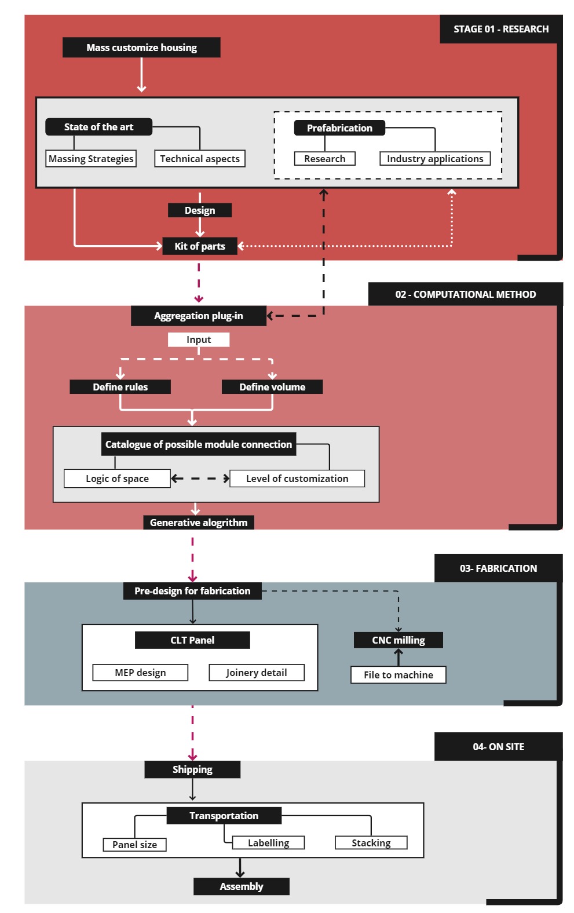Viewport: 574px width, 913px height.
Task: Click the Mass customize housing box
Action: pyautogui.click(x=141, y=48)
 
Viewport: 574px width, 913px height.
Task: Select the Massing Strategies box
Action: pyautogui.click(x=91, y=159)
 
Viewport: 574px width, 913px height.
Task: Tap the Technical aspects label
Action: pyautogui.click(x=200, y=159)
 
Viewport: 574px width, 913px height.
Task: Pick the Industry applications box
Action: pyautogui.click(x=435, y=159)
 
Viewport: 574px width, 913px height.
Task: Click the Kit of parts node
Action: pyautogui.click(x=200, y=246)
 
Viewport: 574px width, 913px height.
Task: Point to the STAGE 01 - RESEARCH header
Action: pyautogui.click(x=501, y=29)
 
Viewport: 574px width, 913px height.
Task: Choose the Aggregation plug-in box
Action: pyautogui.click(x=199, y=316)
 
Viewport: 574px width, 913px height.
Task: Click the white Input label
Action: pyautogui.click(x=199, y=339)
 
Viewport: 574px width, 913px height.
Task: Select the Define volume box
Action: pyautogui.click(x=272, y=387)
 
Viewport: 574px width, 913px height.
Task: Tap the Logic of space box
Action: pyautogui.click(x=117, y=479)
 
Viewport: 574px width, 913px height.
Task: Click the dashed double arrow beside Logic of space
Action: pyautogui.click(x=200, y=479)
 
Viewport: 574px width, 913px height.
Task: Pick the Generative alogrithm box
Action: pyautogui.click(x=199, y=523)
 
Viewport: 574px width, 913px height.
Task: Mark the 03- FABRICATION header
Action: pyautogui.click(x=498, y=568)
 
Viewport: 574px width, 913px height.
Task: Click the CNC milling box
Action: pyautogui.click(x=398, y=640)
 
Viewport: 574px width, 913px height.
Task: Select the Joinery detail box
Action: pyautogui.click(x=257, y=673)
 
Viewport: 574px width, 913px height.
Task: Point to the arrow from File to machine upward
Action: pyautogui.click(x=398, y=657)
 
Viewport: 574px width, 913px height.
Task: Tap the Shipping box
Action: pyautogui.click(x=192, y=769)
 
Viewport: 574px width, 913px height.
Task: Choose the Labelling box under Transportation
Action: pyautogui.click(x=268, y=843)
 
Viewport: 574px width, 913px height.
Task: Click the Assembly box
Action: pyautogui.click(x=242, y=886)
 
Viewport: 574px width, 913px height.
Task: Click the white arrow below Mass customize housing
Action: pyautogui.click(x=141, y=75)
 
